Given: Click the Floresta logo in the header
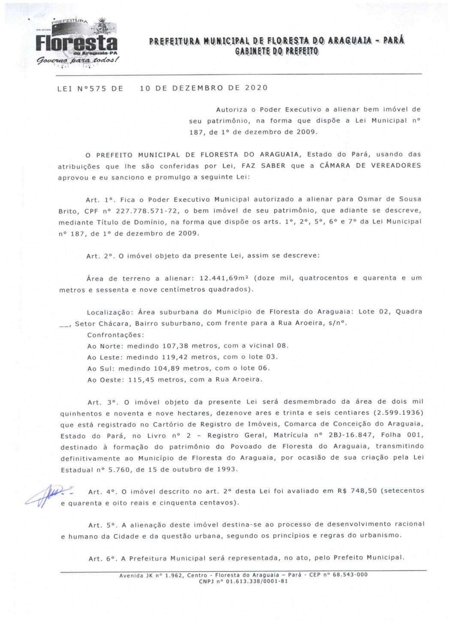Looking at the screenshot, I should [x=76, y=43].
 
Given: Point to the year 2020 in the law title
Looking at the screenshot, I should [x=256, y=88].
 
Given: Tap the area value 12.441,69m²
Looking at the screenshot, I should [x=224, y=278].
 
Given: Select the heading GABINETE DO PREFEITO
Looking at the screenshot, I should [x=277, y=51].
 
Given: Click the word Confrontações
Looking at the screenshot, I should [x=115, y=335].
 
